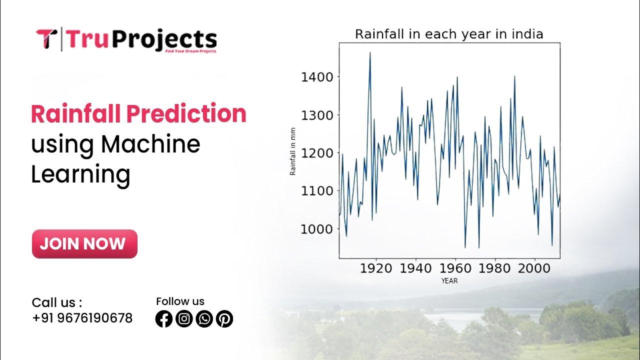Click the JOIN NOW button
(84, 244)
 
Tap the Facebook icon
(164, 318)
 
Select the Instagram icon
(184, 318)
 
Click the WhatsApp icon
(204, 318)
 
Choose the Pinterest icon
(224, 318)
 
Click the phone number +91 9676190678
(82, 318)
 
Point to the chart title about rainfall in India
(448, 34)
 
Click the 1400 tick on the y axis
(317, 77)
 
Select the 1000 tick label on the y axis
(317, 229)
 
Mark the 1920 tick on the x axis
(376, 268)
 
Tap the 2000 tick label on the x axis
(534, 268)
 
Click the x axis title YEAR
(449, 281)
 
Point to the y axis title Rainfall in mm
(293, 151)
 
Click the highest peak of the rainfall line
(370, 52)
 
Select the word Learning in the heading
(80, 174)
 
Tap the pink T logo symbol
(46, 39)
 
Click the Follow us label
(180, 301)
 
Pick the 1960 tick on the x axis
(455, 268)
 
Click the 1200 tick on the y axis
(317, 153)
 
